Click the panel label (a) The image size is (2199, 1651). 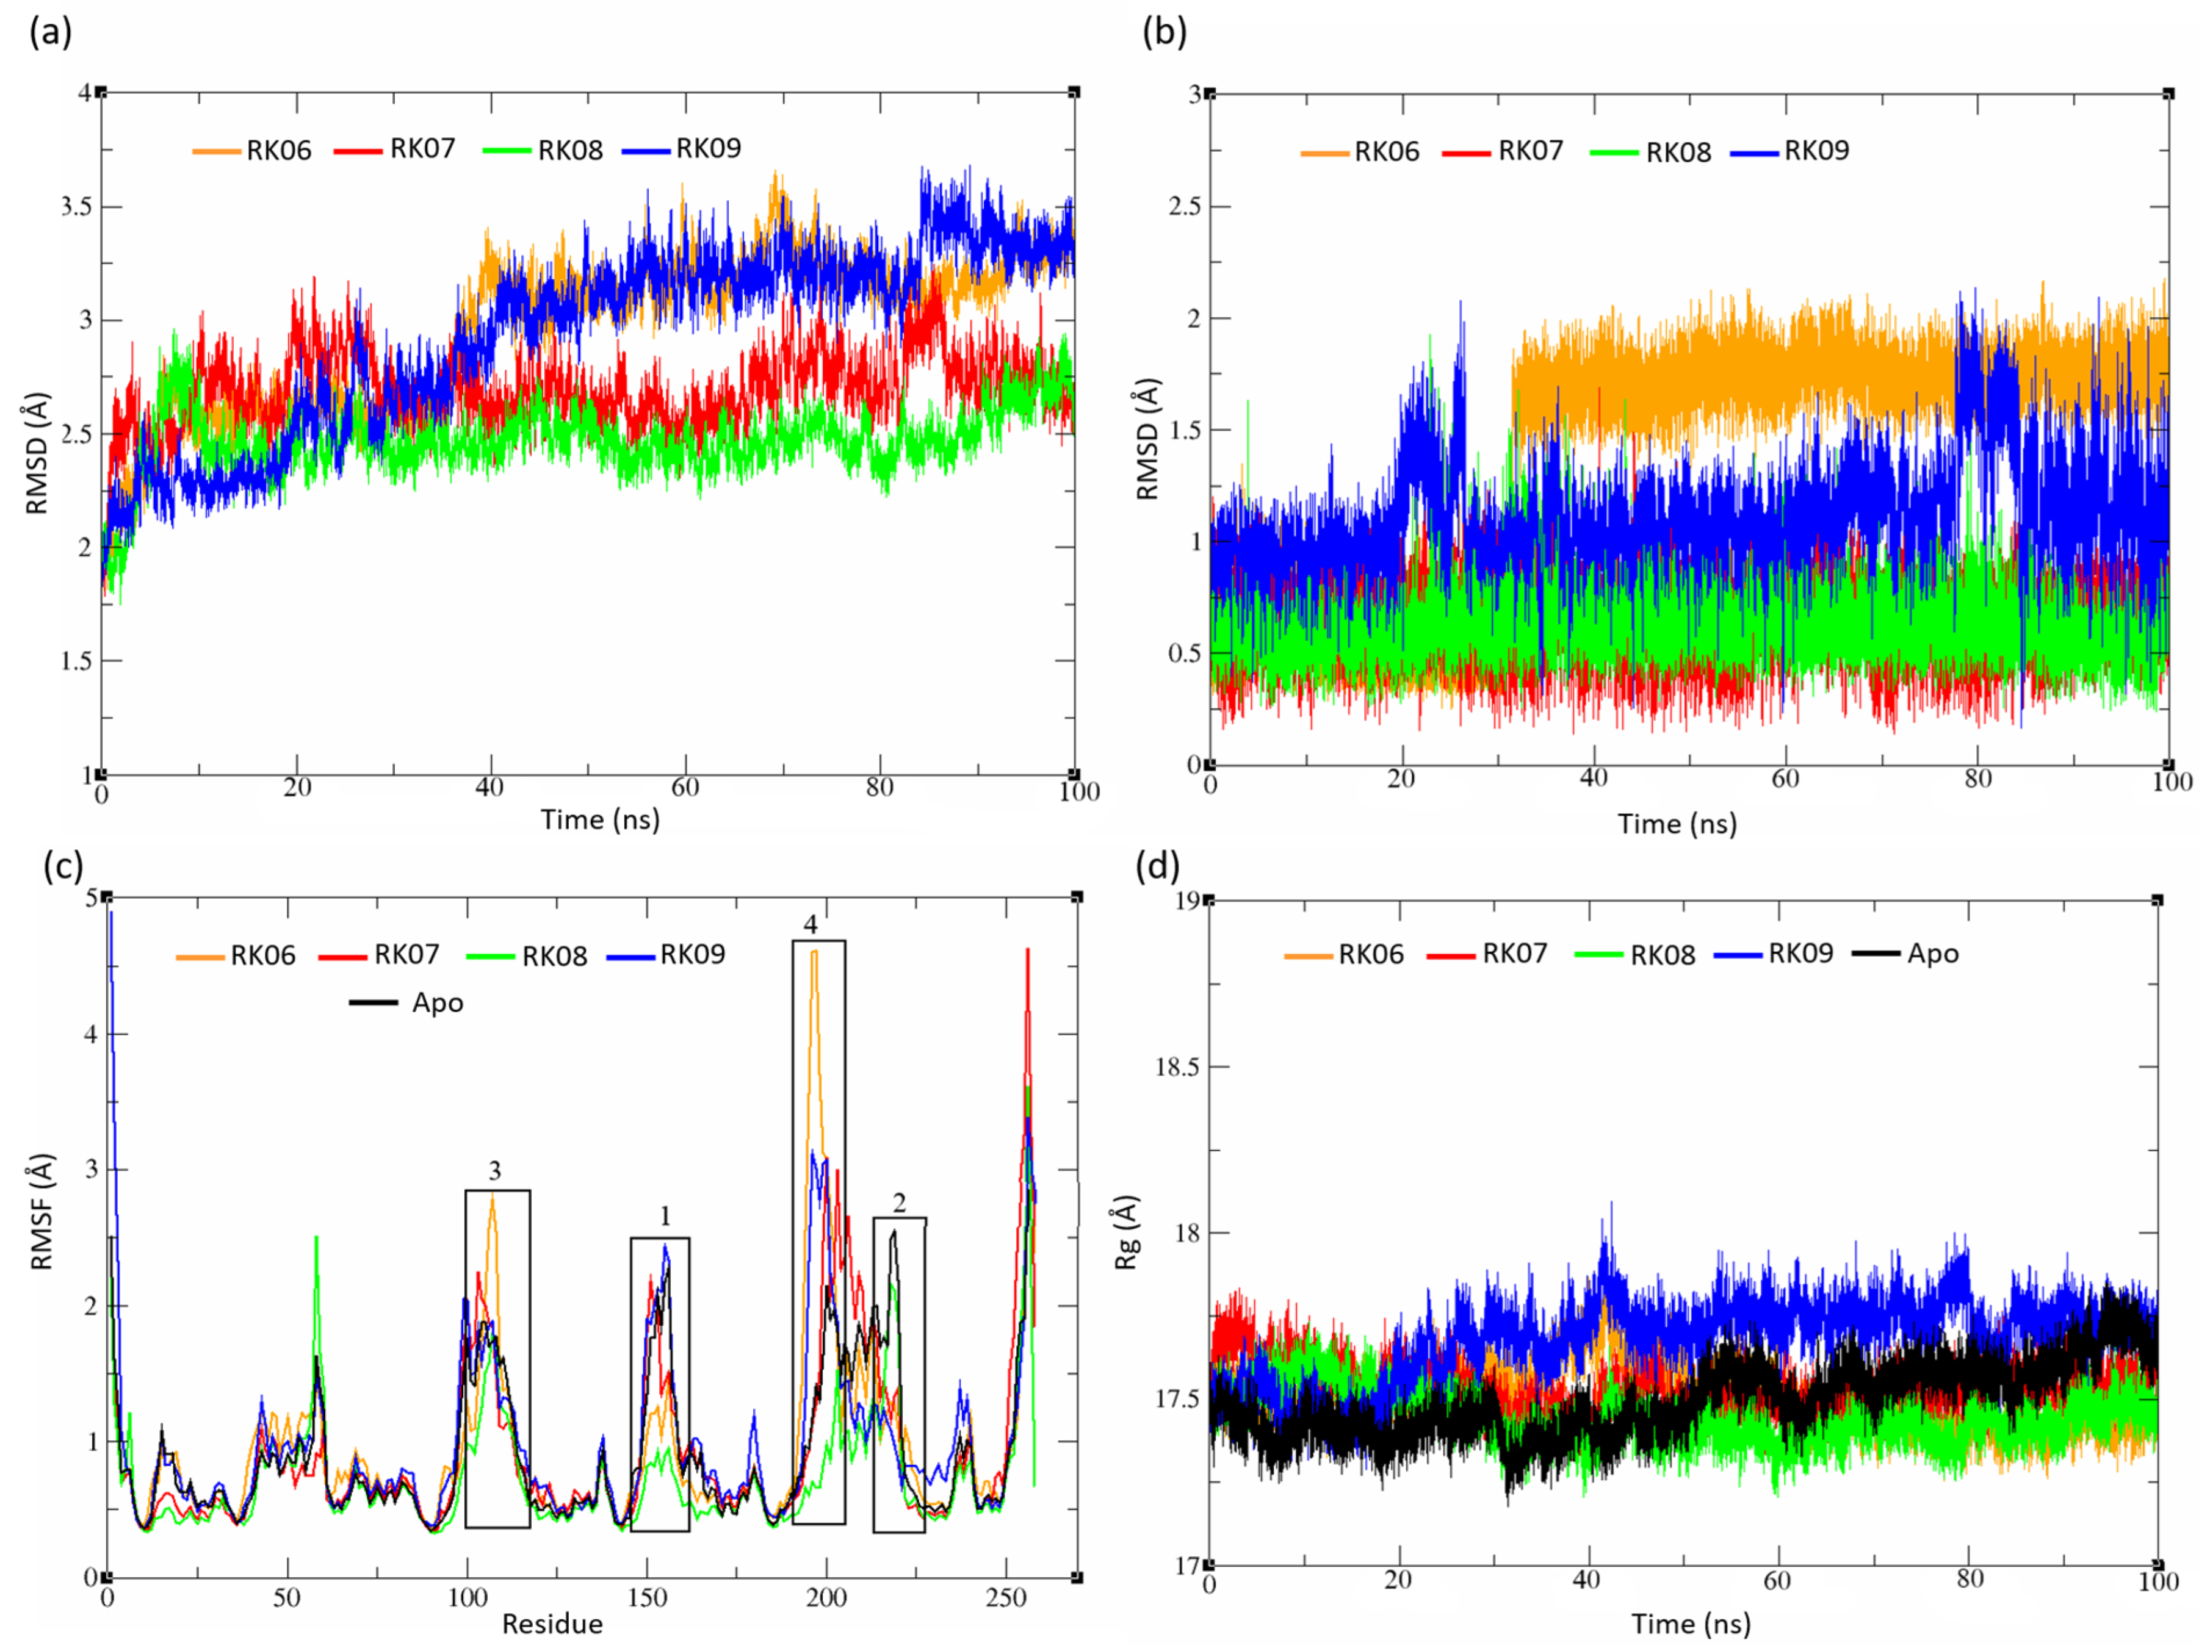(x=49, y=33)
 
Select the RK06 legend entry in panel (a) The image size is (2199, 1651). (x=253, y=150)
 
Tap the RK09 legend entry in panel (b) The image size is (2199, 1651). (x=1791, y=151)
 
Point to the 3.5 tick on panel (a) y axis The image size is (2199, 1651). (x=76, y=207)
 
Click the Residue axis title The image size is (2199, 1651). (x=552, y=1624)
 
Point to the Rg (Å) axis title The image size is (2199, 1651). (x=1126, y=1232)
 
